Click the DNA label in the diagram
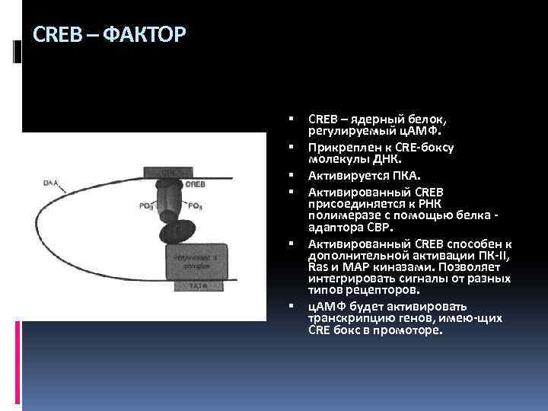coord(52,183)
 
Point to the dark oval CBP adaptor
coord(177,229)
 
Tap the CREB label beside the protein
coord(194,184)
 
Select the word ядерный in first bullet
coord(375,119)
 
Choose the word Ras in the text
coord(318,267)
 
